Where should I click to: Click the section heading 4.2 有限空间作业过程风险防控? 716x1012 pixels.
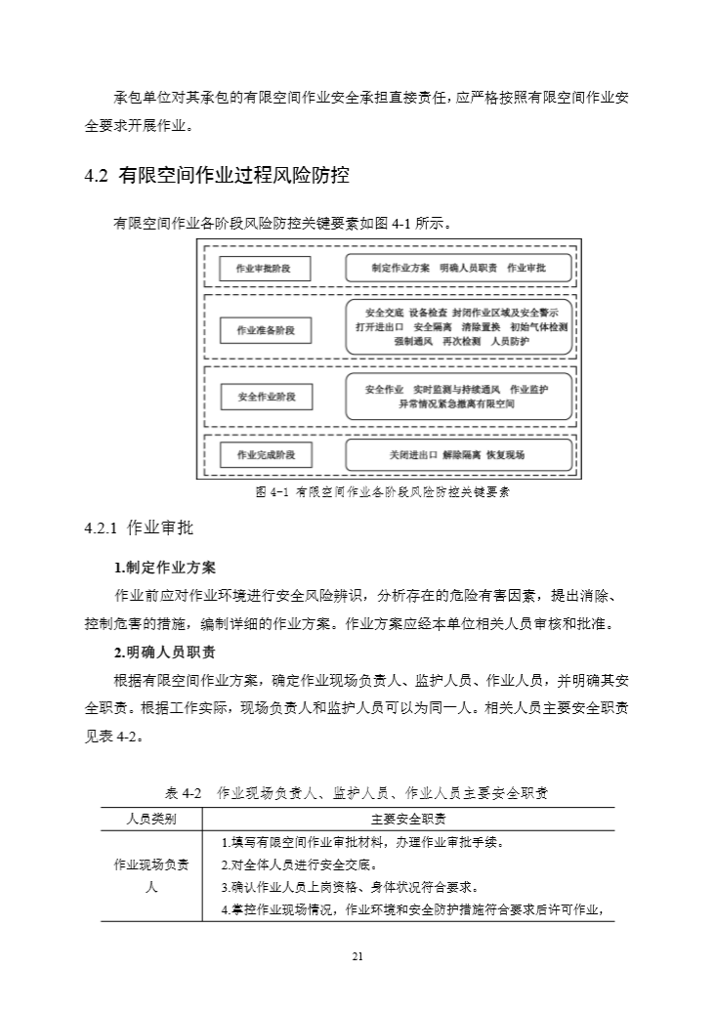[217, 177]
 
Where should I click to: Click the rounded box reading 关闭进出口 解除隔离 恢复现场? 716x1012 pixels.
[458, 455]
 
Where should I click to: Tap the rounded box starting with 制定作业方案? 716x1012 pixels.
[458, 268]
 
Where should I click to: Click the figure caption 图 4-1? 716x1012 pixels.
[382, 492]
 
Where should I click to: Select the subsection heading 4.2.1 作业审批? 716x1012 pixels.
[140, 528]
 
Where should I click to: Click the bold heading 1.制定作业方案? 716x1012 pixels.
[165, 568]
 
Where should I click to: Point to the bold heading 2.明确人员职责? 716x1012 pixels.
[165, 653]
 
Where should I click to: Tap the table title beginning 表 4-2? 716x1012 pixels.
[357, 792]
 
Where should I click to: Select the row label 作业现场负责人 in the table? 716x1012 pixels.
[151, 876]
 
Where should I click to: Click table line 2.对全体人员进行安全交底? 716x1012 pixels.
[299, 864]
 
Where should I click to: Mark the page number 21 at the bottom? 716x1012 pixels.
[358, 956]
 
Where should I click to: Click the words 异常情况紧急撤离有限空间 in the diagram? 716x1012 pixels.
[457, 403]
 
